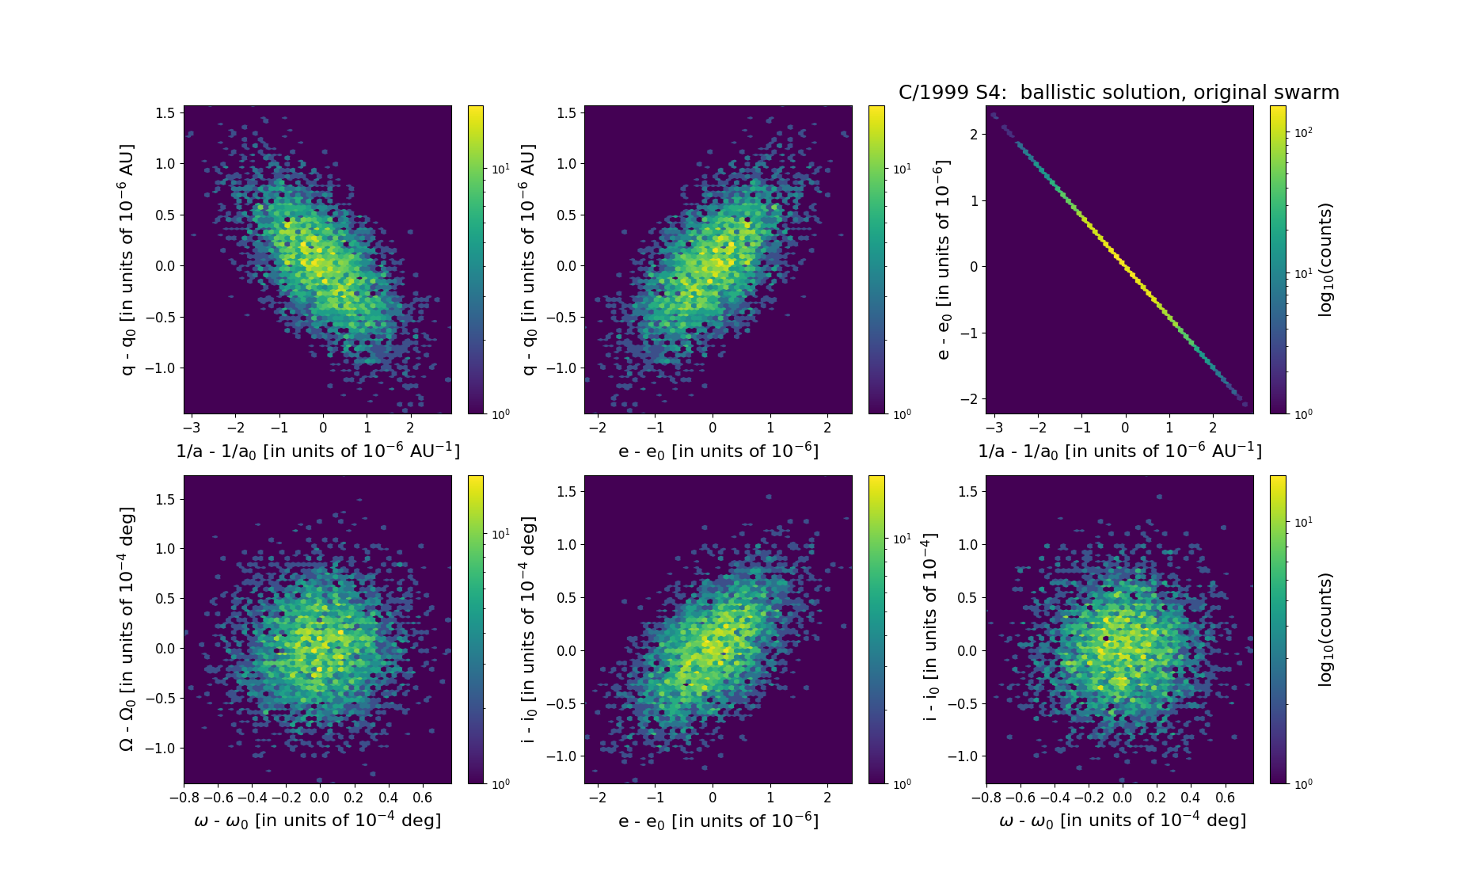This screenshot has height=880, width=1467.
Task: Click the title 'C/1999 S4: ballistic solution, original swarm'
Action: (x=1119, y=93)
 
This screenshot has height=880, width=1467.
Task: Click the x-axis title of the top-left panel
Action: (x=317, y=451)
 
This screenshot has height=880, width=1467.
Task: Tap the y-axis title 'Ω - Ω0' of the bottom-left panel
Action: (x=127, y=629)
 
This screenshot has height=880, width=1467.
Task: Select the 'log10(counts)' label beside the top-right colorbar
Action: (x=1325, y=260)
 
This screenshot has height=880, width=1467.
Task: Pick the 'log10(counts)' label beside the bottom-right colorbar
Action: (x=1325, y=630)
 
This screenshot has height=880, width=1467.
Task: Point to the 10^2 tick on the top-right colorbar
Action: (x=1303, y=132)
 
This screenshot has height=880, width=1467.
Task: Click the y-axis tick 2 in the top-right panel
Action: (x=973, y=135)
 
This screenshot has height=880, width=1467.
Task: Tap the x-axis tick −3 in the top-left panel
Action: (x=192, y=428)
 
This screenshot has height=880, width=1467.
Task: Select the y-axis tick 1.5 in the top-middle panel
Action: (x=566, y=113)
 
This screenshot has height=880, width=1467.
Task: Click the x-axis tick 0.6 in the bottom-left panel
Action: (x=423, y=798)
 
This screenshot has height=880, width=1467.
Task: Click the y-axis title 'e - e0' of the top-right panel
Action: (x=942, y=260)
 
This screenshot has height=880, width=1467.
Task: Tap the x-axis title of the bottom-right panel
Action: (x=1123, y=821)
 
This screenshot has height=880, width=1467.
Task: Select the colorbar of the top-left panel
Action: (x=476, y=260)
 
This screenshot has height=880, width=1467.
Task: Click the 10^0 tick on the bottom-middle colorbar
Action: (x=902, y=784)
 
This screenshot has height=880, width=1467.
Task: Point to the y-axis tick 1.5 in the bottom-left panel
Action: (x=165, y=499)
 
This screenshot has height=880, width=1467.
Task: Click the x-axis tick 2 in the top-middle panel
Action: (x=827, y=428)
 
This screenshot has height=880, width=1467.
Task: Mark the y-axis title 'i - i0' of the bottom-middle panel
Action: (x=529, y=630)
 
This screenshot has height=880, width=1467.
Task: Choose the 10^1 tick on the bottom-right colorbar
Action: (x=1303, y=522)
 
